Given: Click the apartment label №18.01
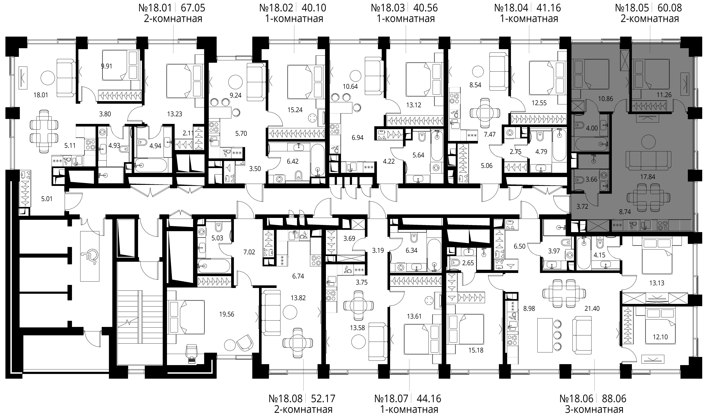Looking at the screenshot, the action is click(x=155, y=8).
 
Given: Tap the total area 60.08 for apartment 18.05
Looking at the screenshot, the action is click(x=670, y=8).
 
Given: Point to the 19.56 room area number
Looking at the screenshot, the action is click(x=227, y=314).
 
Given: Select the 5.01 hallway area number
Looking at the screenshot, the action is click(x=47, y=199).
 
